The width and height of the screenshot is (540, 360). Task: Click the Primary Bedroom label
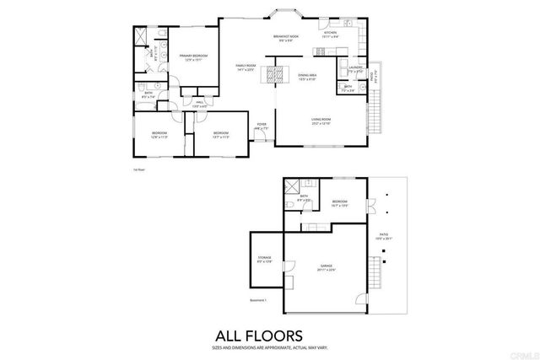coord(193,58)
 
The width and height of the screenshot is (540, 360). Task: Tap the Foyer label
coord(262,126)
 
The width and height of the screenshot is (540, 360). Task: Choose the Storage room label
coord(263,261)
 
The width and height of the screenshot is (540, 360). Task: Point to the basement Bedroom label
coord(340,203)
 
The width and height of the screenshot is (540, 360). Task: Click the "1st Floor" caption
coord(140,169)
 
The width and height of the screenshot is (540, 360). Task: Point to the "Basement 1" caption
coord(258,299)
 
